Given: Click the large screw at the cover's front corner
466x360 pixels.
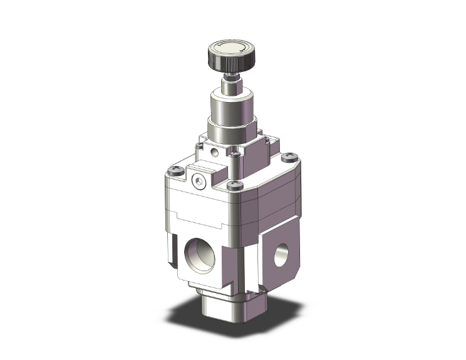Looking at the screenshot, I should pyautogui.click(x=234, y=184).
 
